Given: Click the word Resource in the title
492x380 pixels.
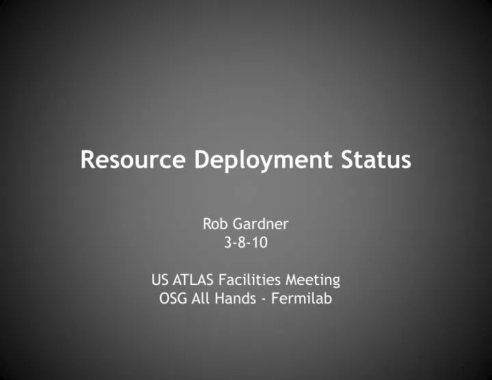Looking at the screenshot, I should pos(133,160).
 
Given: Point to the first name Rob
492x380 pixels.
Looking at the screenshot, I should pos(215,223).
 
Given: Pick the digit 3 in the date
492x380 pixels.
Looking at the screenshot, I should pos(228,242).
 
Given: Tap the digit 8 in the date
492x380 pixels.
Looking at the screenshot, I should pos(244,242).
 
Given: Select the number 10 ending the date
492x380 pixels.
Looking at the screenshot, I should pos(260,242).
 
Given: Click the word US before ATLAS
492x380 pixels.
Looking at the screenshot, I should pos(159,280).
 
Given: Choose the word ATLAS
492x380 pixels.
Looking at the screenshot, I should pos(192,280).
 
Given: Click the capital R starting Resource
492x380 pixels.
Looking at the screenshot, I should pos(87,160).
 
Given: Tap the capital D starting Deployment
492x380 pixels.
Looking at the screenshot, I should pos(202,160).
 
